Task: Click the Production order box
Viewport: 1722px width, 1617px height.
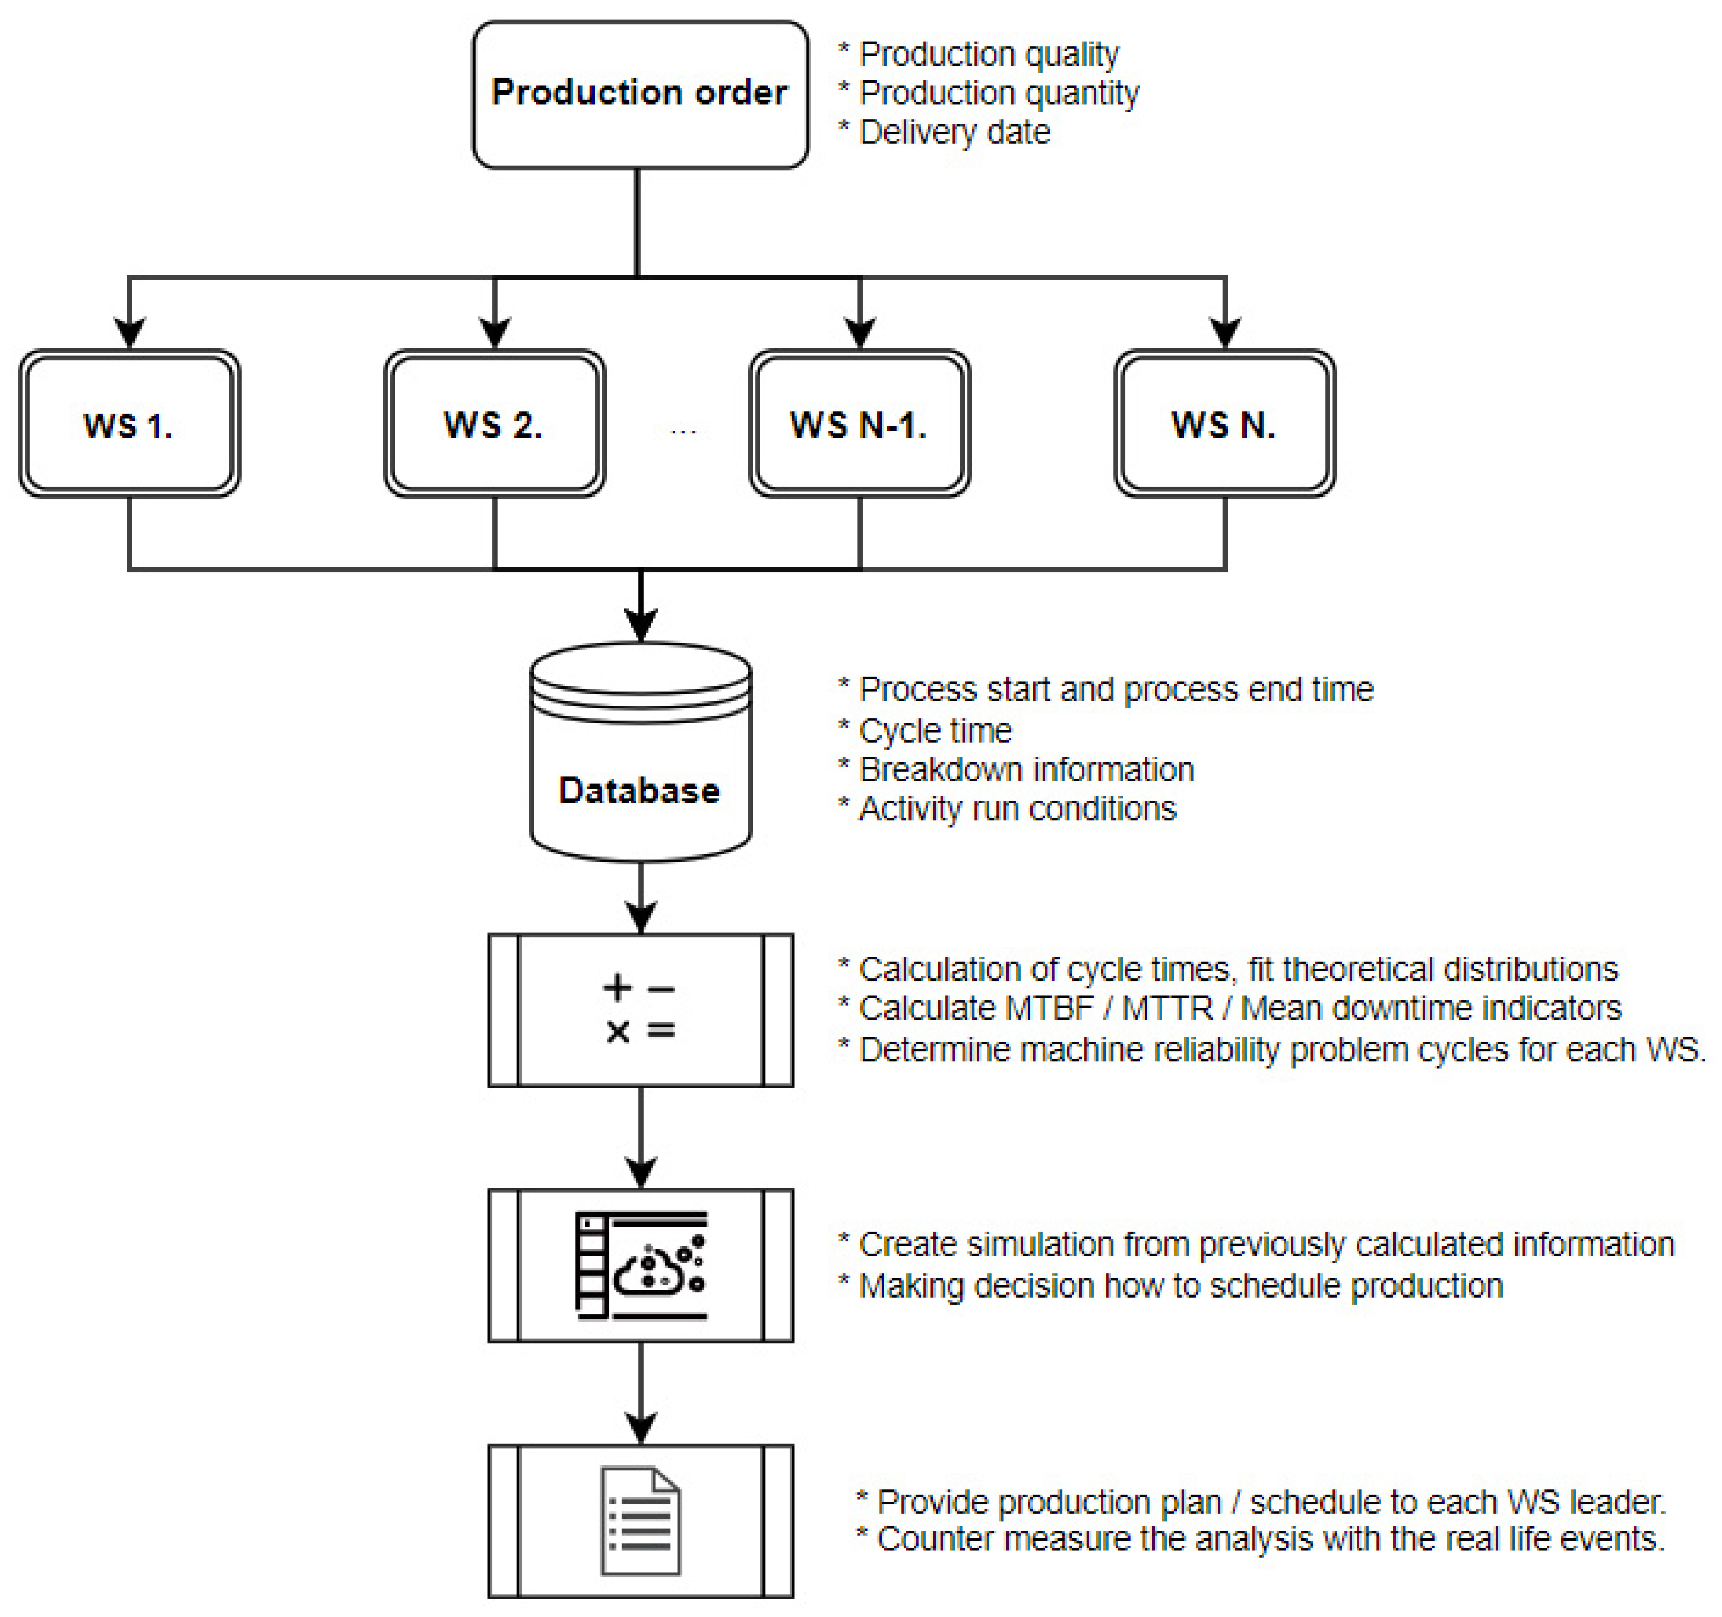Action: (640, 94)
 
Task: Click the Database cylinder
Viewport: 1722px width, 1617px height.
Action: (640, 752)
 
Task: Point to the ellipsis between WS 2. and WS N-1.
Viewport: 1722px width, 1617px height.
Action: (683, 430)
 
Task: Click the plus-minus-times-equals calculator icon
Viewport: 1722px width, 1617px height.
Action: (640, 1009)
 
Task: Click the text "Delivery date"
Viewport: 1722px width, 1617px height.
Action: (955, 132)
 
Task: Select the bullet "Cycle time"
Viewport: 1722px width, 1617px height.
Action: (935, 731)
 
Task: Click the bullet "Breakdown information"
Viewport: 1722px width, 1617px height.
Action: (1025, 770)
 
